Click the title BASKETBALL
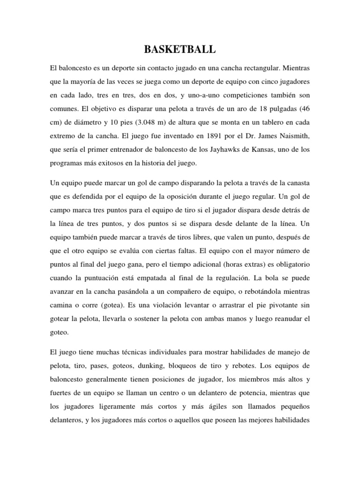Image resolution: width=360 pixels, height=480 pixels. point(180,49)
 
